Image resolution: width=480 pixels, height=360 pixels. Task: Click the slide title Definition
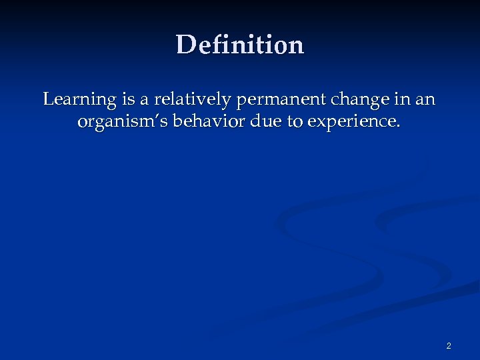(240, 45)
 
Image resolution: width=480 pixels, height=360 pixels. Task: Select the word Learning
(79, 100)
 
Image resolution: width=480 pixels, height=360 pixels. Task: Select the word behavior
(197, 122)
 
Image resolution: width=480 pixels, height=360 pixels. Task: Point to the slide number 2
(449, 345)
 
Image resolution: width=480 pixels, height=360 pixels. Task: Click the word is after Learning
(128, 100)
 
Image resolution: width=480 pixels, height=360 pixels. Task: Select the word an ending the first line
(425, 101)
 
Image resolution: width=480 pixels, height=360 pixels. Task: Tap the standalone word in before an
(403, 100)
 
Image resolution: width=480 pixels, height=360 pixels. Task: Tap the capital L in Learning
(48, 99)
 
